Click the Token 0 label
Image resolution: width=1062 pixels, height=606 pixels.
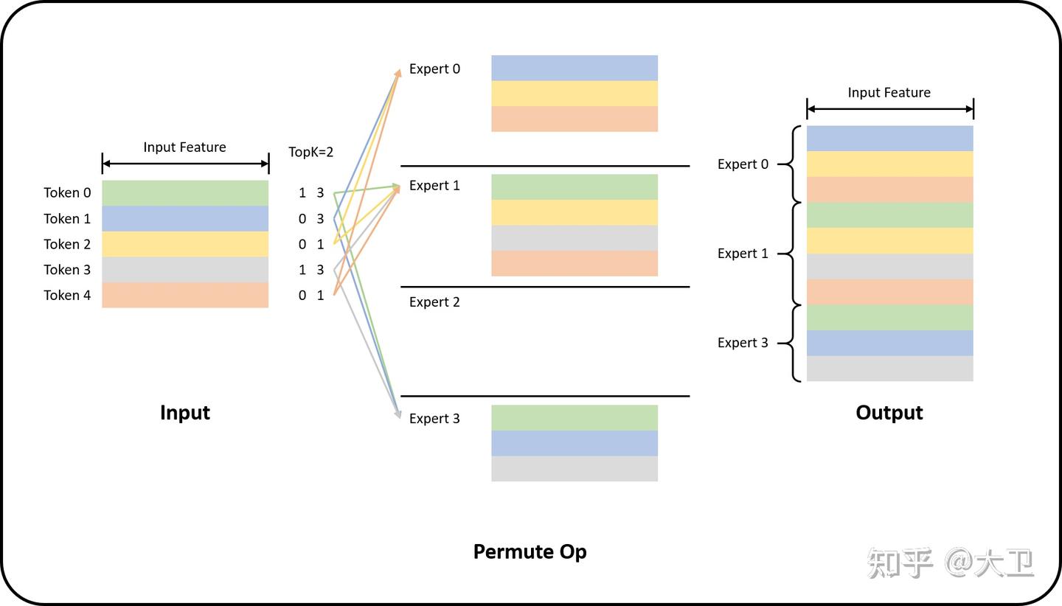pos(67,193)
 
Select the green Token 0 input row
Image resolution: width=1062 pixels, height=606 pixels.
pos(185,193)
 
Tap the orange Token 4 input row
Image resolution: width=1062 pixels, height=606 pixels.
pos(185,295)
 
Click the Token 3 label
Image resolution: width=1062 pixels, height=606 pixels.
pos(67,270)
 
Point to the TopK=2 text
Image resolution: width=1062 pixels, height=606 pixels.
pos(310,153)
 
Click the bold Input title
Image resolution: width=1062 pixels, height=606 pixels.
pos(185,413)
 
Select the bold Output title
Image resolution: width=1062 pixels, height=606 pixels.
pos(889,413)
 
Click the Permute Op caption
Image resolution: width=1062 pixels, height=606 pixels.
pos(530,551)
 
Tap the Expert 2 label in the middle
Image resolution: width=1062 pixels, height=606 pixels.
pos(434,302)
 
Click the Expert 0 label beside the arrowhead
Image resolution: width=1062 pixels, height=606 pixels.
pos(434,69)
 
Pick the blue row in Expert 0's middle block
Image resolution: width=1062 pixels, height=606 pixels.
pos(575,68)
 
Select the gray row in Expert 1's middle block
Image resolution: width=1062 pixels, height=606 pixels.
pos(575,238)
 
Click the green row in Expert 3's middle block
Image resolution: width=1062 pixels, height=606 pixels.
pos(575,418)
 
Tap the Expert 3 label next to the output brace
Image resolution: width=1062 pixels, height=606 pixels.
pos(743,343)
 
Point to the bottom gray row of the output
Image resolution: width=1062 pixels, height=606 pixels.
pos(889,369)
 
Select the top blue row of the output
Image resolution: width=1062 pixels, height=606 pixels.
pos(889,139)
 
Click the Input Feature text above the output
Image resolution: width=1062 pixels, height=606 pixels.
pos(889,93)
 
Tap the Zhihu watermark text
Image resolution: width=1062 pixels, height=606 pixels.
pos(951,564)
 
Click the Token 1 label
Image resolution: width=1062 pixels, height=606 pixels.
pos(67,219)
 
